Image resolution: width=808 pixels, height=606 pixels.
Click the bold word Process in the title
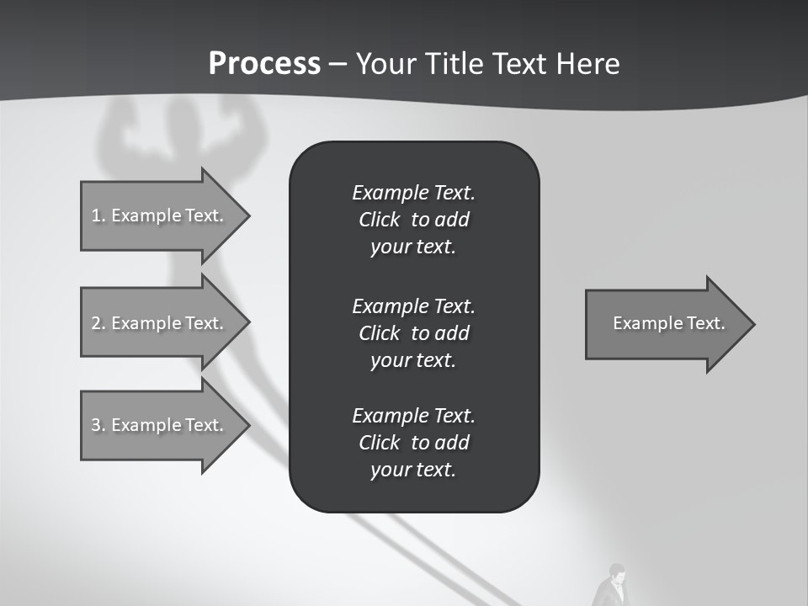click(264, 64)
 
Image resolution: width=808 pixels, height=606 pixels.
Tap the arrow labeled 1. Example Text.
click(160, 215)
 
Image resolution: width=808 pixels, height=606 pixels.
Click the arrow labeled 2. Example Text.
click(160, 323)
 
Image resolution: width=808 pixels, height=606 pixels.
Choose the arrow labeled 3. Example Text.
click(160, 425)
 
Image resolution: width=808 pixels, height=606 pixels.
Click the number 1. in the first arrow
click(98, 215)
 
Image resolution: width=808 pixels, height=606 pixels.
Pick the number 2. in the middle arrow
click(98, 323)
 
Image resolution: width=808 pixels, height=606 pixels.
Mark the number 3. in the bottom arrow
click(98, 425)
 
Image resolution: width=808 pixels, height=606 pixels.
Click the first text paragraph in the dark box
click(413, 220)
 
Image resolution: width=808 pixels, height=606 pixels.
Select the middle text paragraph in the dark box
click(413, 332)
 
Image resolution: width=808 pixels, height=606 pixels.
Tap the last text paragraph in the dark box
click(413, 443)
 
